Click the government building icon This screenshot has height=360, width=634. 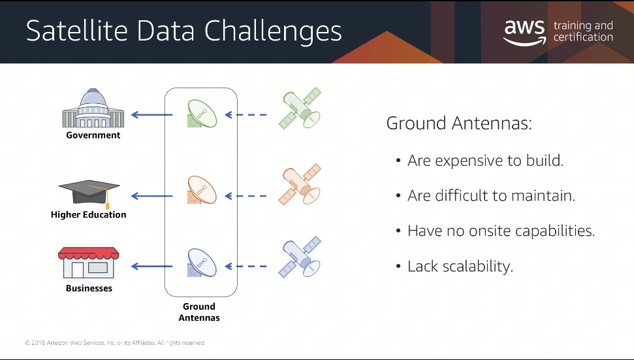(93, 108)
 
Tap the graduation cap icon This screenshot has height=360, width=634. (89, 194)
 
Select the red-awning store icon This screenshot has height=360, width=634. (89, 263)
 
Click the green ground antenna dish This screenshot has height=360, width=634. (202, 114)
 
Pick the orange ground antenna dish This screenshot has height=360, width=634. (202, 189)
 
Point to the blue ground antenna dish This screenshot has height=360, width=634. (202, 263)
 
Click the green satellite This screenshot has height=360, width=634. (300, 108)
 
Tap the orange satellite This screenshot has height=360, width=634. (300, 184)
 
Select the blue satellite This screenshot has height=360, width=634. (300, 257)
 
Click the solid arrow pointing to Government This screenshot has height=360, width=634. (151, 115)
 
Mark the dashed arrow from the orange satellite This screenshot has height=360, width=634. (246, 196)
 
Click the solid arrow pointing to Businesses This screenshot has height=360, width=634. (151, 266)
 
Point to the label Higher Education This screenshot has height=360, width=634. (89, 215)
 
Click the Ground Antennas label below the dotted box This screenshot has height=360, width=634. (199, 312)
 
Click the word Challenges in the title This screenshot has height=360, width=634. (273, 31)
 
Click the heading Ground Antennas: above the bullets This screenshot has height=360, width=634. (459, 123)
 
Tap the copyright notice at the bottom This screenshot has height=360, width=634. (115, 343)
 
